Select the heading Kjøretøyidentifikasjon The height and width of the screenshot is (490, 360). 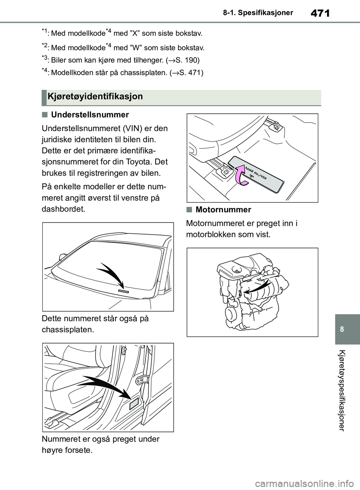95,97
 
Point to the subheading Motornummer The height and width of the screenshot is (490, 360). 223,209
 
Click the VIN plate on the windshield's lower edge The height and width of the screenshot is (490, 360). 123,291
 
